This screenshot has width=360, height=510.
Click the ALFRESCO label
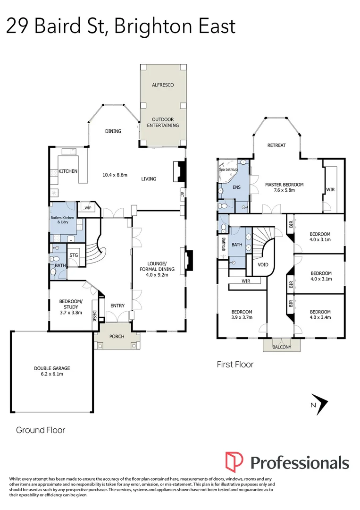163,85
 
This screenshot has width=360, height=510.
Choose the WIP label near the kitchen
88,208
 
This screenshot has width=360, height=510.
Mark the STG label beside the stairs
74,255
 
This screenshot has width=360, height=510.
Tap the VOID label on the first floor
263,264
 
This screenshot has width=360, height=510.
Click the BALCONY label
282,348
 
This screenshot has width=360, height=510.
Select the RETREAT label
276,145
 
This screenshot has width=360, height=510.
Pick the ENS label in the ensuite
236,187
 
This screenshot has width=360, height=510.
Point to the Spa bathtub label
230,169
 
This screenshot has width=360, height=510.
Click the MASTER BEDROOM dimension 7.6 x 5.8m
284,190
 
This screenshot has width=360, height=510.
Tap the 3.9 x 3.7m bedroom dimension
241,317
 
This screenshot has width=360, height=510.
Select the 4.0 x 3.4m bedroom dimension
320,317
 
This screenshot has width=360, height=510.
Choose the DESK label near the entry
94,315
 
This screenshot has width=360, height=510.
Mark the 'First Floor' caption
235,364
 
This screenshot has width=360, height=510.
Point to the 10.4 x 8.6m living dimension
115,175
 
